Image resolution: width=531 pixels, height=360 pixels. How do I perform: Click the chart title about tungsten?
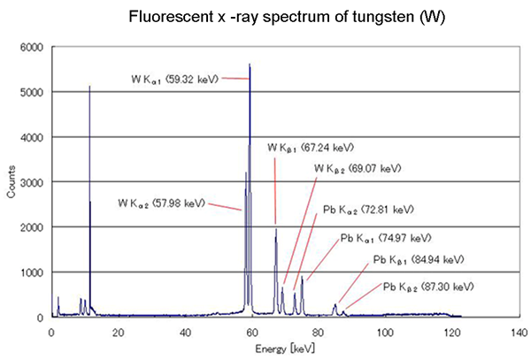coord(265,18)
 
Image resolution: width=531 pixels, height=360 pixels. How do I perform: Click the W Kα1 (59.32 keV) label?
coord(169,78)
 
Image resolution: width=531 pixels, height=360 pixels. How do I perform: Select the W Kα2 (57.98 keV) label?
coord(160,203)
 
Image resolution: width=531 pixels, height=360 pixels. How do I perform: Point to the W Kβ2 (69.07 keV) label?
coord(358,167)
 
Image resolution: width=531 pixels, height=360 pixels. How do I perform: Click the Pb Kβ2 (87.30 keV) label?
coord(429,287)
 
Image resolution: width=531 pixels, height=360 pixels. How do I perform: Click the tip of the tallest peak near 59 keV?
coord(250,65)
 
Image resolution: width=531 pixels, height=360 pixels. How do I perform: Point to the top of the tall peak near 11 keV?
coord(90,87)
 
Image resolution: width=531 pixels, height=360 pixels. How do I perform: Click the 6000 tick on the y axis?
coord(35,47)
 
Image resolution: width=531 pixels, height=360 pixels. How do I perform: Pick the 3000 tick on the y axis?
coord(35,181)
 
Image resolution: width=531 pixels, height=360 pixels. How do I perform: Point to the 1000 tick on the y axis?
coord(35,272)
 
